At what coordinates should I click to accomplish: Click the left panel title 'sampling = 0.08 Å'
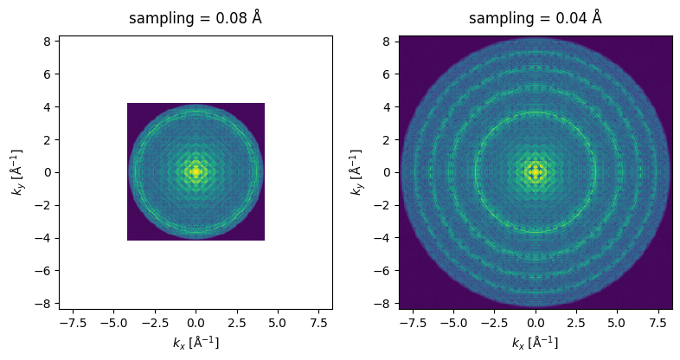click(196, 18)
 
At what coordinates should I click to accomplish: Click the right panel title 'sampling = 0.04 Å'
click(536, 18)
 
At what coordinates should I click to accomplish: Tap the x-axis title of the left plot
click(196, 343)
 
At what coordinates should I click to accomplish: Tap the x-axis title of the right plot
click(536, 343)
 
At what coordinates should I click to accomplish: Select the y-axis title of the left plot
click(17, 171)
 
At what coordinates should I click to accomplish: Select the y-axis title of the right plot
click(357, 171)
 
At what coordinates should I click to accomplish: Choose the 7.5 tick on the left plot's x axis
click(318, 323)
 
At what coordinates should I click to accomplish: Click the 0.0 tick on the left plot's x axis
click(196, 323)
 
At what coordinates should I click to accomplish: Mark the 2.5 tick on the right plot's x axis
click(576, 323)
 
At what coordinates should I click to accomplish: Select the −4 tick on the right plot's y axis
click(384, 237)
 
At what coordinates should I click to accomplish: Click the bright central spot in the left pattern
click(196, 171)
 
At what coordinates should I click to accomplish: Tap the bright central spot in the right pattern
click(536, 171)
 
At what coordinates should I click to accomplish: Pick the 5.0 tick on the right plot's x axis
click(617, 323)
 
